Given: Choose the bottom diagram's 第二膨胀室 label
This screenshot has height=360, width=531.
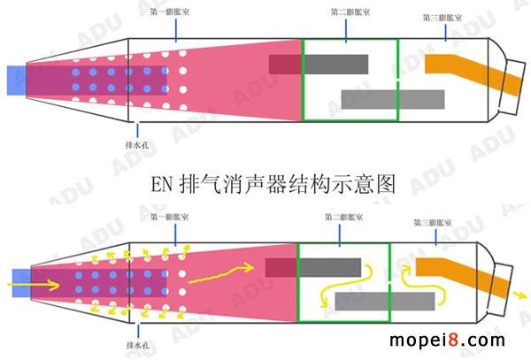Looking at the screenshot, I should [342, 216].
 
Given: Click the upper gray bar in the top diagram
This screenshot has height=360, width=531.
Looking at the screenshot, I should [335, 64].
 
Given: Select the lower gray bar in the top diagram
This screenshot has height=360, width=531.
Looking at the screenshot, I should [381, 98].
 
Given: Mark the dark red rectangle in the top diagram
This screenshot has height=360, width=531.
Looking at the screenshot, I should [285, 64].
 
